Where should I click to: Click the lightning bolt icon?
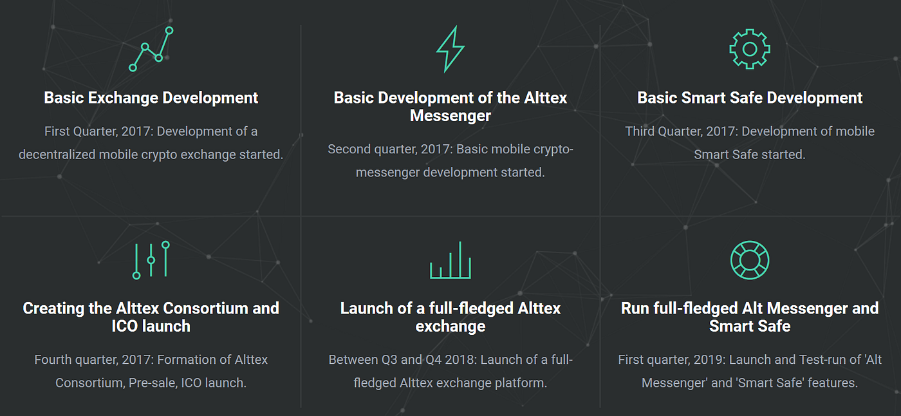450,49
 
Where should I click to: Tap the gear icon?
750,49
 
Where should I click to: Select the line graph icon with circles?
151,49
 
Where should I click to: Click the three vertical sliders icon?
151,260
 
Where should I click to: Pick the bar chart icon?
450,260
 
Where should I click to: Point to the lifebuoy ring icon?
750,260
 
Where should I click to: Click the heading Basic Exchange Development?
151,98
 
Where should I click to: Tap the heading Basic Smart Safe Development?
750,98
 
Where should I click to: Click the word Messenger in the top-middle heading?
450,116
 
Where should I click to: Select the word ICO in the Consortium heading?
126,326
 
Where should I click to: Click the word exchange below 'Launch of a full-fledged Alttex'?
450,326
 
